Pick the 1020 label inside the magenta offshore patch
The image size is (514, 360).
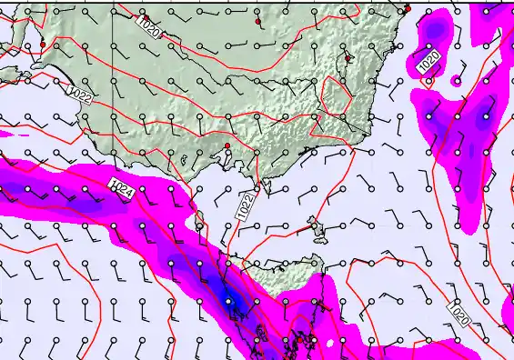429,63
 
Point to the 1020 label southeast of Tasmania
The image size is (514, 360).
459,313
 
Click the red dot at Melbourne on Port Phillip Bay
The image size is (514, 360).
227,145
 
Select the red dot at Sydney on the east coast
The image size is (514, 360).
408,9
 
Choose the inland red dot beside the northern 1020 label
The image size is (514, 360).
258,20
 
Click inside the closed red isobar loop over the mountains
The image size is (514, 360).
337,95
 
